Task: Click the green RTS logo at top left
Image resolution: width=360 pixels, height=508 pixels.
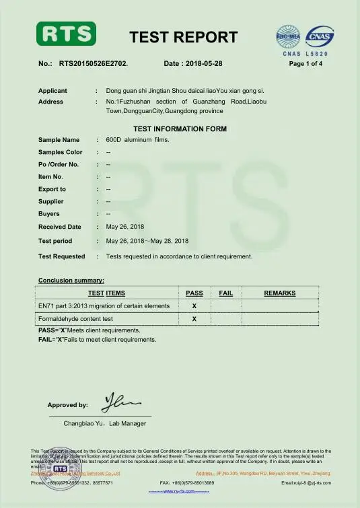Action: (x=66, y=34)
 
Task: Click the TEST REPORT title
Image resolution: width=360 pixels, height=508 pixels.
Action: (x=183, y=37)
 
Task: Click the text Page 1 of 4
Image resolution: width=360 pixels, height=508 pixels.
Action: (x=305, y=64)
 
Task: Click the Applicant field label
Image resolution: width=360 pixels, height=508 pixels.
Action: (x=52, y=90)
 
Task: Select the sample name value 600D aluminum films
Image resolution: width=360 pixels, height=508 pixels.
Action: (x=138, y=140)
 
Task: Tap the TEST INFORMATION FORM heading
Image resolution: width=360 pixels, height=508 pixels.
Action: (x=180, y=129)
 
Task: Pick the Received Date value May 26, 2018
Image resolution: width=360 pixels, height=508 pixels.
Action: (x=125, y=227)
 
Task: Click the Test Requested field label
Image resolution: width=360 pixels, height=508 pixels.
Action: (x=62, y=256)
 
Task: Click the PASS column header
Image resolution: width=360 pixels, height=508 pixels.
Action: (x=194, y=293)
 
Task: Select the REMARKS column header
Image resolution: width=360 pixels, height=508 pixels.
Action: (x=280, y=293)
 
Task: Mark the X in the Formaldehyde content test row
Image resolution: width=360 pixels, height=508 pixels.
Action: (x=194, y=318)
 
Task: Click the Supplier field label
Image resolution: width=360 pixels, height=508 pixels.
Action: (x=51, y=201)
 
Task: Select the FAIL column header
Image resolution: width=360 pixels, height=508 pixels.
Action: (x=226, y=293)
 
